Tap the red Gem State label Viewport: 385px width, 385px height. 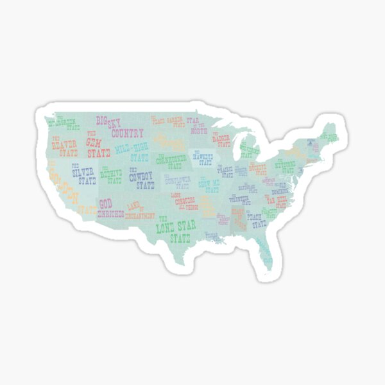tap(98, 144)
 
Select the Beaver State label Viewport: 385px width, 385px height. tap(64, 146)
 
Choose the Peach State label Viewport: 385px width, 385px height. tap(259, 221)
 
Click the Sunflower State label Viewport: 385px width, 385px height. tap(178, 182)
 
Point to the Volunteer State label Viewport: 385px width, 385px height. tap(239, 199)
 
